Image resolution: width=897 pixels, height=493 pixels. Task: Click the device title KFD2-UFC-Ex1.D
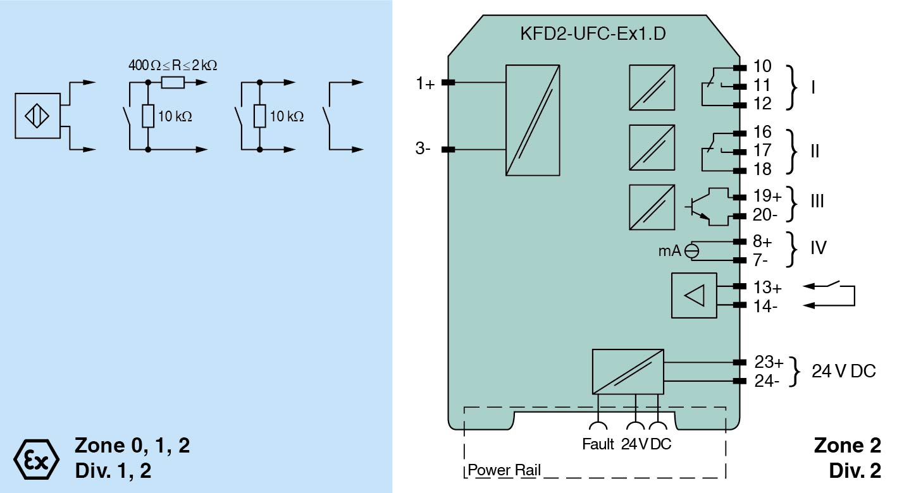[x=591, y=33]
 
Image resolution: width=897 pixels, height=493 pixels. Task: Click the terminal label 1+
[x=425, y=83]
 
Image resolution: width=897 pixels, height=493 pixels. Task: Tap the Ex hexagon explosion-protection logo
[x=36, y=457]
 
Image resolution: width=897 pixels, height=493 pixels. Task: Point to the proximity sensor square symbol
[x=37, y=116]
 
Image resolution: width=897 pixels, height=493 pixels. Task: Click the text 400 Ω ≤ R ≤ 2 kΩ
[x=173, y=65]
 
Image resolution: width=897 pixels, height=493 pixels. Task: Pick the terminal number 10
[x=762, y=67]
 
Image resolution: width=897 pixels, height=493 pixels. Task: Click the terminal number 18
[x=762, y=169]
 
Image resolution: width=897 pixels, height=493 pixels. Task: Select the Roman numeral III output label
[x=818, y=201]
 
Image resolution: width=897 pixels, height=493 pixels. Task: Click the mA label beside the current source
[x=669, y=251]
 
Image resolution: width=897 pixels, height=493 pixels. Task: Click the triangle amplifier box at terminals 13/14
[x=694, y=295]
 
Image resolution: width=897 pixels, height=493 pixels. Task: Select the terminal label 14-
[x=766, y=306]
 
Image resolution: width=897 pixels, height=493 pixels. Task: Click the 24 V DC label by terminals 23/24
[x=844, y=372]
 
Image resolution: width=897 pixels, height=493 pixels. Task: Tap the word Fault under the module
[x=598, y=444]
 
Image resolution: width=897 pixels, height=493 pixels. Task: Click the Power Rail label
[x=504, y=471]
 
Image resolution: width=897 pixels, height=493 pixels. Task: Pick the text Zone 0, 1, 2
[x=132, y=446]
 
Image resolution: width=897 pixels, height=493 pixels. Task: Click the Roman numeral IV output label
[x=819, y=248]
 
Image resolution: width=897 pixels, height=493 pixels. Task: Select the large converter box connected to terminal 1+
[x=533, y=120]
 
